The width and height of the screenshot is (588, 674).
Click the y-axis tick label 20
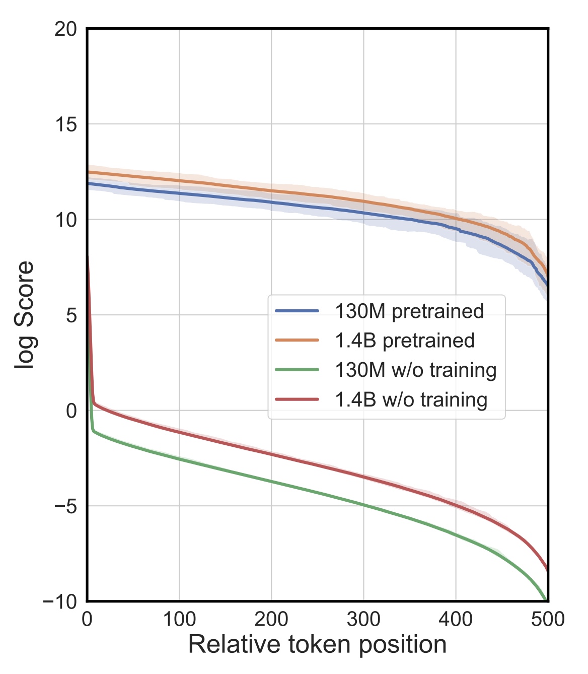[x=65, y=29]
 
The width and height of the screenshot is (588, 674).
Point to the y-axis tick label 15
[x=65, y=124]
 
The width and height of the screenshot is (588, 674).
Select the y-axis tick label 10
[x=65, y=220]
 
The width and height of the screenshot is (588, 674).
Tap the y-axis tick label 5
[x=71, y=315]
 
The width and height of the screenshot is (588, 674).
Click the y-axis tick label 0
[x=71, y=411]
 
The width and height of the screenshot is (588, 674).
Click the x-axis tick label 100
[x=179, y=619]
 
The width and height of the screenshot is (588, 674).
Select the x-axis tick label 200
[x=271, y=619]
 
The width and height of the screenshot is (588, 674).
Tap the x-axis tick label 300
[x=363, y=619]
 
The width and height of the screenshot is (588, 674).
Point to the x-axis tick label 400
[x=456, y=619]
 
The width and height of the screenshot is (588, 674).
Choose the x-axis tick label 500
[x=548, y=619]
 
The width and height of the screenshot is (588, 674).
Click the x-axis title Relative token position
[x=317, y=645]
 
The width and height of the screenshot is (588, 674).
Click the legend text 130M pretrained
[x=409, y=311]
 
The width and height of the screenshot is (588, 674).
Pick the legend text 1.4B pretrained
[x=405, y=341]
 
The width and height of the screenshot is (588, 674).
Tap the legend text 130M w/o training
[x=416, y=370]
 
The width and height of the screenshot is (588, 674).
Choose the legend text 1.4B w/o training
[x=411, y=399]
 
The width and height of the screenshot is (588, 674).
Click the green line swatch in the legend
[x=298, y=370]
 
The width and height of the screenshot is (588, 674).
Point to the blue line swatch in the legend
[x=298, y=311]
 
